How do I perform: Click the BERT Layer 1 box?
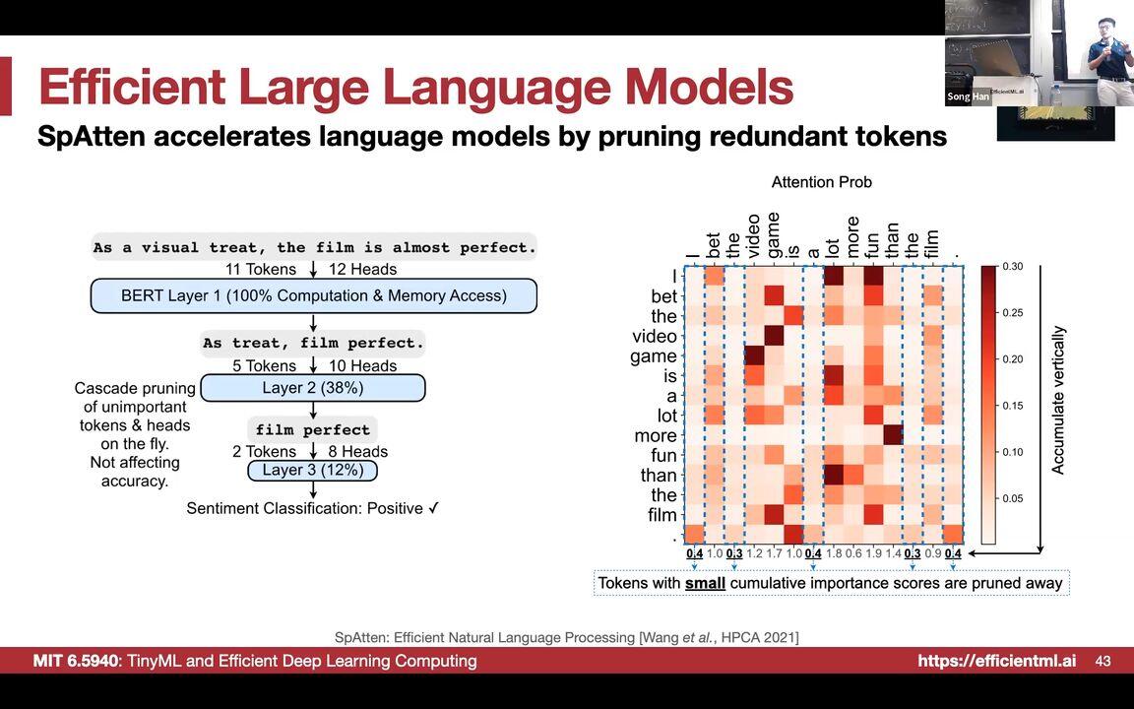tap(313, 295)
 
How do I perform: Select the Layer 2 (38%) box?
tap(313, 388)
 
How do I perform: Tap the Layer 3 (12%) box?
tap(312, 470)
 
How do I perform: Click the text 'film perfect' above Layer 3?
tap(312, 430)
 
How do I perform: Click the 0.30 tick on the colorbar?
tap(1012, 267)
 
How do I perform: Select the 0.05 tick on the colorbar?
tap(1012, 498)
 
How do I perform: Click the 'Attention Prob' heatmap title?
tap(821, 182)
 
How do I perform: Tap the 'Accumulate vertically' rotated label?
tap(1058, 401)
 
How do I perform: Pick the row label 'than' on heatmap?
tap(658, 475)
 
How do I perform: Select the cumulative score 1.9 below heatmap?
tap(872, 554)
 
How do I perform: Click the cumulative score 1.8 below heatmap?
tap(833, 554)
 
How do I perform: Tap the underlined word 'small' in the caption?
tap(705, 583)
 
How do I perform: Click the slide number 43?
tap(1102, 661)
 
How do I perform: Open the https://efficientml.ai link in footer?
tap(996, 661)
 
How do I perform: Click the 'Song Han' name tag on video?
tap(968, 97)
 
